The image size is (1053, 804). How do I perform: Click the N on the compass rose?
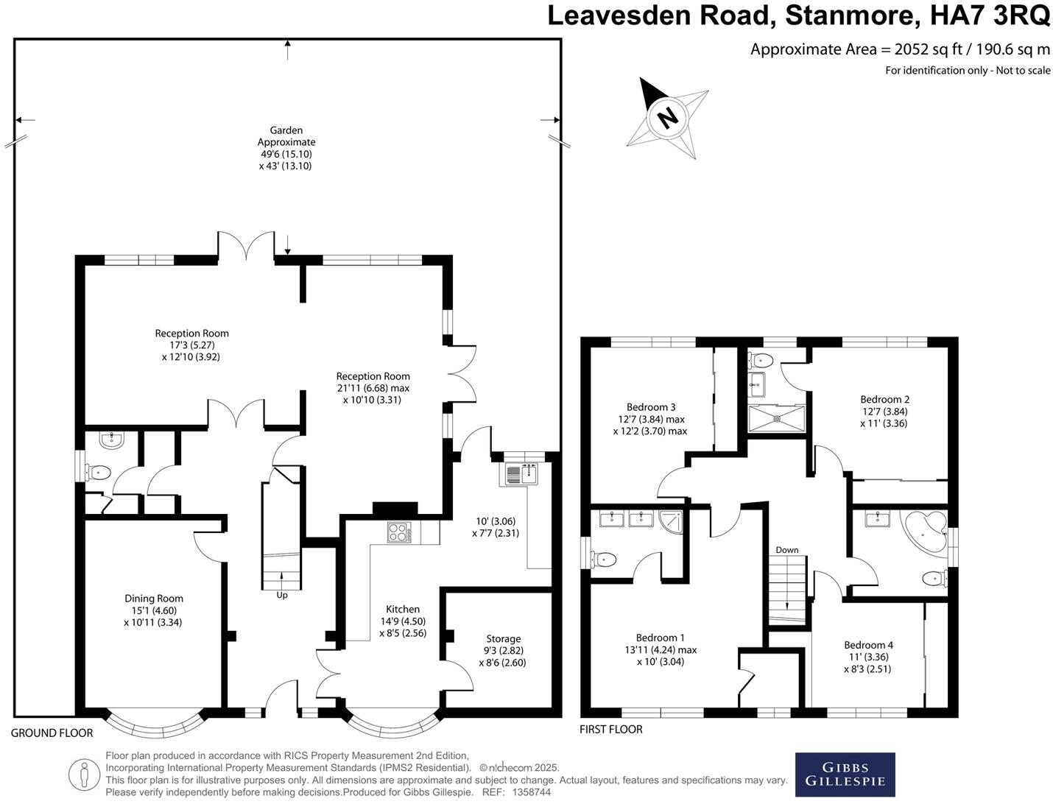667,116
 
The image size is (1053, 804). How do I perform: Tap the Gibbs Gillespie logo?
845,774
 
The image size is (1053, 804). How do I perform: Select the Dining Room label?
153,599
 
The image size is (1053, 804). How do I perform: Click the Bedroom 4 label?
868,645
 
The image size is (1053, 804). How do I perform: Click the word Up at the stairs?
282,595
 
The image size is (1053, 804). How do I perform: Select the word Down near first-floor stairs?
786,550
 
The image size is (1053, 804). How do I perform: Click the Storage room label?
503,639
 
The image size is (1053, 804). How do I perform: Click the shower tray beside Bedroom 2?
776,418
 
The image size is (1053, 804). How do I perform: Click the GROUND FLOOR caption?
52,733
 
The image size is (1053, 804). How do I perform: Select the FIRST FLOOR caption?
610,730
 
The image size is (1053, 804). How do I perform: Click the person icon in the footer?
84,774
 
